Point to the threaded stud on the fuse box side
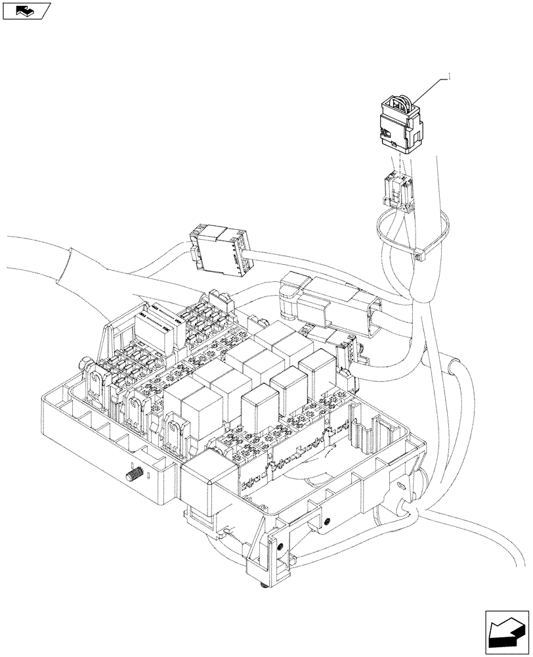(x=136, y=472)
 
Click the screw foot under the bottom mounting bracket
(x=261, y=583)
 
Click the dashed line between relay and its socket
(x=398, y=162)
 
